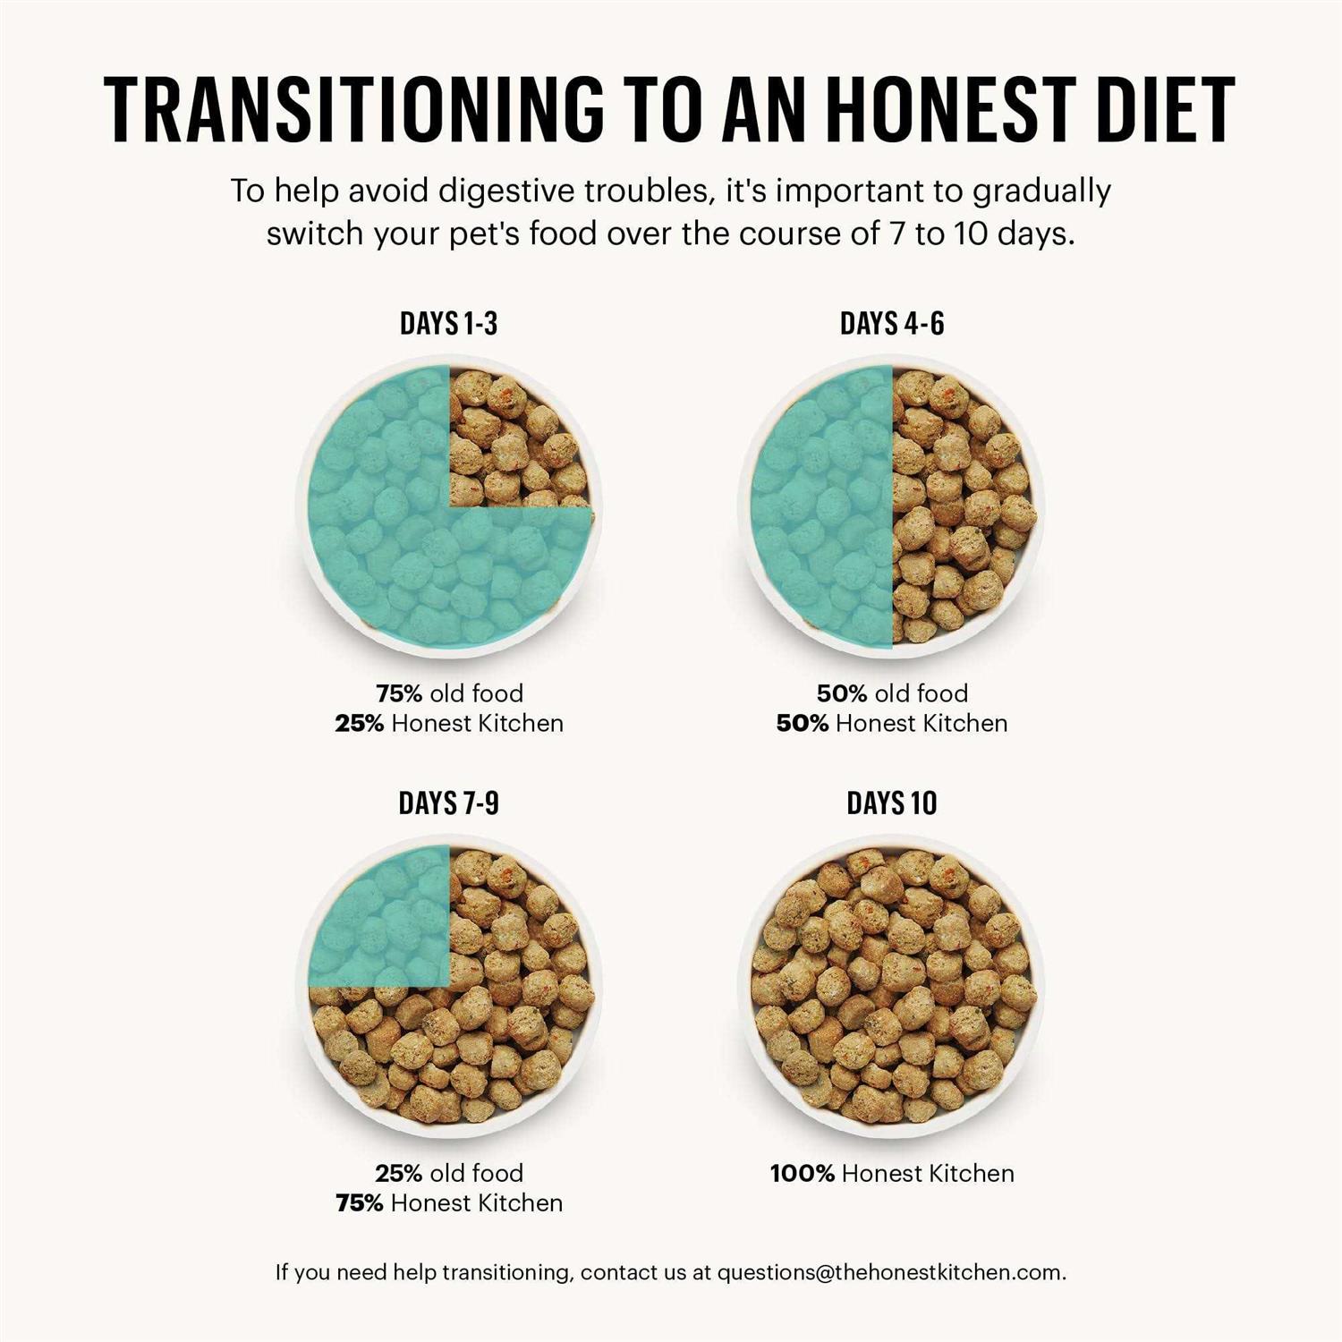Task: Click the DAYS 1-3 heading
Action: (448, 324)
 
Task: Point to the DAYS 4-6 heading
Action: (892, 324)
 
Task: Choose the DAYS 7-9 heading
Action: (448, 803)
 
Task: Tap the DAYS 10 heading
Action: (892, 803)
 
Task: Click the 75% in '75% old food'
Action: (398, 693)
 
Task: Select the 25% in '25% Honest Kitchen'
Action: (359, 724)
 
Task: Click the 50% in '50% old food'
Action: (841, 693)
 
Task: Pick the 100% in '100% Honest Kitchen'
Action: (802, 1174)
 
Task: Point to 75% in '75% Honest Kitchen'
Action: (359, 1203)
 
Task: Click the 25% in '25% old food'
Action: (398, 1174)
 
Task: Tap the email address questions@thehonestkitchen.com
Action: (889, 1272)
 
